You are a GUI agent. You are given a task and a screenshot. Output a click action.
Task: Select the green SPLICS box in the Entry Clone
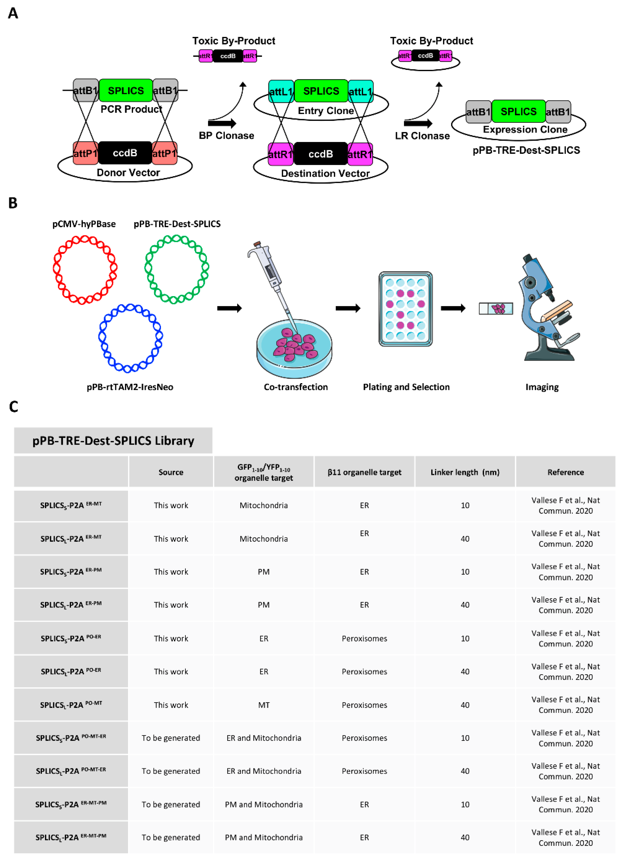click(x=321, y=91)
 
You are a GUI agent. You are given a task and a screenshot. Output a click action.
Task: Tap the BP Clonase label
click(x=226, y=136)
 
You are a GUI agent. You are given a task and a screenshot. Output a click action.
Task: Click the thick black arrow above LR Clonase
click(x=418, y=123)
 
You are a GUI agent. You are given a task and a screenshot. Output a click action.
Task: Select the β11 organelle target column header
click(x=364, y=472)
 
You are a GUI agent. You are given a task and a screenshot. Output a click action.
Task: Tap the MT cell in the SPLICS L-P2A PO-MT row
click(x=264, y=705)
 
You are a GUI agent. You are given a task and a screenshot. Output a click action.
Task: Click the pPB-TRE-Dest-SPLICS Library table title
click(x=113, y=440)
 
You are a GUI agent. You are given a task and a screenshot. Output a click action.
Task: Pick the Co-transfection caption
click(x=296, y=387)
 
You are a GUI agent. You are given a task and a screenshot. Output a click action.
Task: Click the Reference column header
click(x=565, y=472)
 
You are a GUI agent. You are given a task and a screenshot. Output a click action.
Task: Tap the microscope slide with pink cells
click(x=496, y=309)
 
